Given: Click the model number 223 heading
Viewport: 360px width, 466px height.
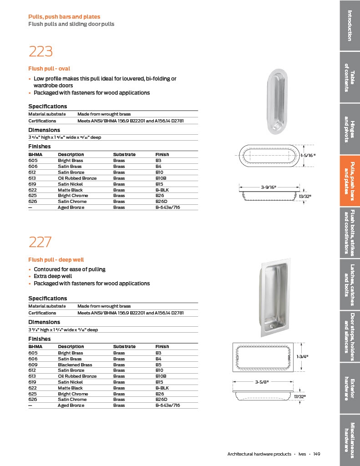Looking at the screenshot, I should click(x=41, y=51).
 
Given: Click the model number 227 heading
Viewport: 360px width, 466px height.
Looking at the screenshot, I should click(x=41, y=242).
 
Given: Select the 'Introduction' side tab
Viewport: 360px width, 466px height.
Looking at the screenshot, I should click(x=350, y=25).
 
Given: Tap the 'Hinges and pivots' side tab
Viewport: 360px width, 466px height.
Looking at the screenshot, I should click(x=350, y=129).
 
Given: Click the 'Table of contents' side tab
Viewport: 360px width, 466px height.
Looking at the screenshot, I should click(x=350, y=77).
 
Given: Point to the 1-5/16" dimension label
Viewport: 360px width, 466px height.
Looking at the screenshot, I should click(x=308, y=155).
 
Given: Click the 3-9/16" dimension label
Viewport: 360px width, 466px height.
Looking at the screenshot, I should click(x=269, y=187).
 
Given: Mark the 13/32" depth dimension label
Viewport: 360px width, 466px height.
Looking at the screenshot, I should click(x=305, y=196).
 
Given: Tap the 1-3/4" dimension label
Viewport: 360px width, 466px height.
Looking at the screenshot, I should click(x=303, y=356).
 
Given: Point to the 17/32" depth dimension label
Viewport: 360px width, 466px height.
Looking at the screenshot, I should click(x=299, y=397).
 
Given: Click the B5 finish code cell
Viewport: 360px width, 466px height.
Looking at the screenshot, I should click(x=159, y=365).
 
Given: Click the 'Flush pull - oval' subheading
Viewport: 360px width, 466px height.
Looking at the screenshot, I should click(x=49, y=69).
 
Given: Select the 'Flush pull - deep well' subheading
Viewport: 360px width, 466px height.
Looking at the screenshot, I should click(x=56, y=260).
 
